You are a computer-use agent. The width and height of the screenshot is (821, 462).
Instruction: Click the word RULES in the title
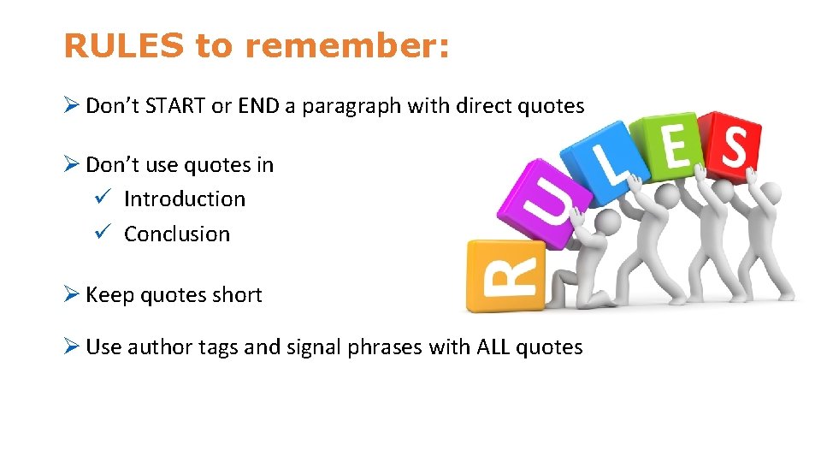(123, 46)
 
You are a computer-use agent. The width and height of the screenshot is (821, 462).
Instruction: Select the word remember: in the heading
(346, 46)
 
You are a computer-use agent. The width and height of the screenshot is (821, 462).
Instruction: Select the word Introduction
(184, 199)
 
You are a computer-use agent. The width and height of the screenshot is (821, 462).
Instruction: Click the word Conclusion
(177, 234)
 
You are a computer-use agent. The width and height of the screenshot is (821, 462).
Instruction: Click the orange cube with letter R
(505, 275)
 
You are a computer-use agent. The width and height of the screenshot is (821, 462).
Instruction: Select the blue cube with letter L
(610, 165)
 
